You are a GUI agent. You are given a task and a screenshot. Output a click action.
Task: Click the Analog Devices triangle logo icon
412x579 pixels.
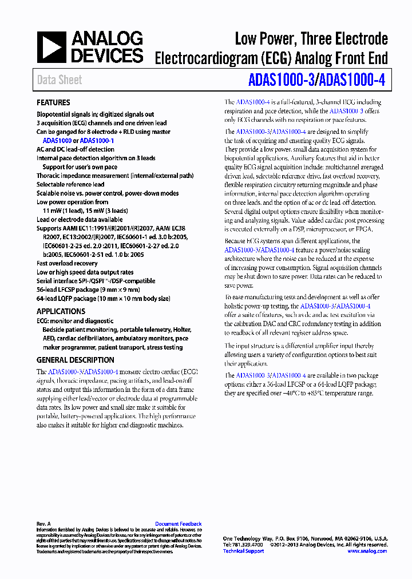[x=52, y=47]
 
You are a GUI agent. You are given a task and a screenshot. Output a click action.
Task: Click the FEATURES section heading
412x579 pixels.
[x=53, y=103]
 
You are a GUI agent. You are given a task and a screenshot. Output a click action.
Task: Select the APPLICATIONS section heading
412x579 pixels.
[x=61, y=311]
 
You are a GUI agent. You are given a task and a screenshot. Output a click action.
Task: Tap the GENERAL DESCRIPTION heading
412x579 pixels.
[x=76, y=360]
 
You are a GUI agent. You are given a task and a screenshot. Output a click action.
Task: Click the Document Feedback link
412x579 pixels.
[x=179, y=524]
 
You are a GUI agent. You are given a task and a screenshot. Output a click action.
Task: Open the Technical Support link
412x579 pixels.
[x=243, y=551]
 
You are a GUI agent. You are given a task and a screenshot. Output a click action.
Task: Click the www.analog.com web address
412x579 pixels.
[x=367, y=551]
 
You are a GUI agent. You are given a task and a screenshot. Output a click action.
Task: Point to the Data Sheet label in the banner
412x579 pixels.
[x=60, y=80]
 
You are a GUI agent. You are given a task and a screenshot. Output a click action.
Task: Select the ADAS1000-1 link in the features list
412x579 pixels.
[x=97, y=140]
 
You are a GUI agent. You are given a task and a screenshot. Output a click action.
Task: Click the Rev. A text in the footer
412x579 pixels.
[x=44, y=524]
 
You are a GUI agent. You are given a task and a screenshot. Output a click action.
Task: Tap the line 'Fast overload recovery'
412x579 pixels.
[x=67, y=264]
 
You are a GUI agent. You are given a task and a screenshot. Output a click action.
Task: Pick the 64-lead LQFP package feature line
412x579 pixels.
[x=103, y=299]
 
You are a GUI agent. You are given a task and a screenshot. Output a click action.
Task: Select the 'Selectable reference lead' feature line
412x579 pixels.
[x=70, y=185]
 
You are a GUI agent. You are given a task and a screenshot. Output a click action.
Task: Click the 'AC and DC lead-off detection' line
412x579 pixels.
[x=76, y=149]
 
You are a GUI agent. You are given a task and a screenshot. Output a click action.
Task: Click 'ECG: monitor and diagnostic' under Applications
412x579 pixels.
[x=75, y=322]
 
